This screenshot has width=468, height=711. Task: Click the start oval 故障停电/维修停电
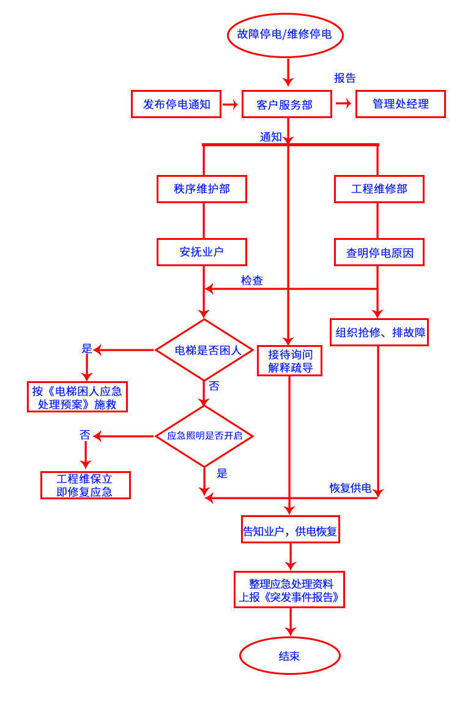(x=285, y=35)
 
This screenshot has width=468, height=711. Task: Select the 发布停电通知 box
(x=176, y=104)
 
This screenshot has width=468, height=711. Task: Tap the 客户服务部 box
(x=286, y=104)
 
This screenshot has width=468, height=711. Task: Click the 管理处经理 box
(x=400, y=104)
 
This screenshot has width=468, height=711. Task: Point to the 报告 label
(x=344, y=78)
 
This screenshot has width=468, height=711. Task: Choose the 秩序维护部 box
(x=201, y=189)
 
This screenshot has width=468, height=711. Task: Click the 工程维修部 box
(x=379, y=189)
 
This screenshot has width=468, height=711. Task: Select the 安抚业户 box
(x=201, y=252)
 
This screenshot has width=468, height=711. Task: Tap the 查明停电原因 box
(x=379, y=252)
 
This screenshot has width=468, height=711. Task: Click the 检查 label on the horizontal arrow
(x=251, y=281)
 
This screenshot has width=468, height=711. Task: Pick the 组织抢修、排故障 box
(x=379, y=332)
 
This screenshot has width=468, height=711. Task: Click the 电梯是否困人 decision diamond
(x=204, y=350)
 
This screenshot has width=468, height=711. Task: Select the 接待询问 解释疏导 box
(x=289, y=361)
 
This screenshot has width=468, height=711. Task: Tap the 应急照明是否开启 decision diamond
(x=204, y=436)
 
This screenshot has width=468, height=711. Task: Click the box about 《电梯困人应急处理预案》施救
(x=77, y=397)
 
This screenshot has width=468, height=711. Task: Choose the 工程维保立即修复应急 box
(x=85, y=485)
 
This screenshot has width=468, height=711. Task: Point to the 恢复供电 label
(x=350, y=488)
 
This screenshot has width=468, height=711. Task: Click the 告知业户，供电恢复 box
(x=290, y=530)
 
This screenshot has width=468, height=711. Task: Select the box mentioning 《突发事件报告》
(x=289, y=590)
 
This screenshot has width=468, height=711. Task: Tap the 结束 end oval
(x=289, y=656)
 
